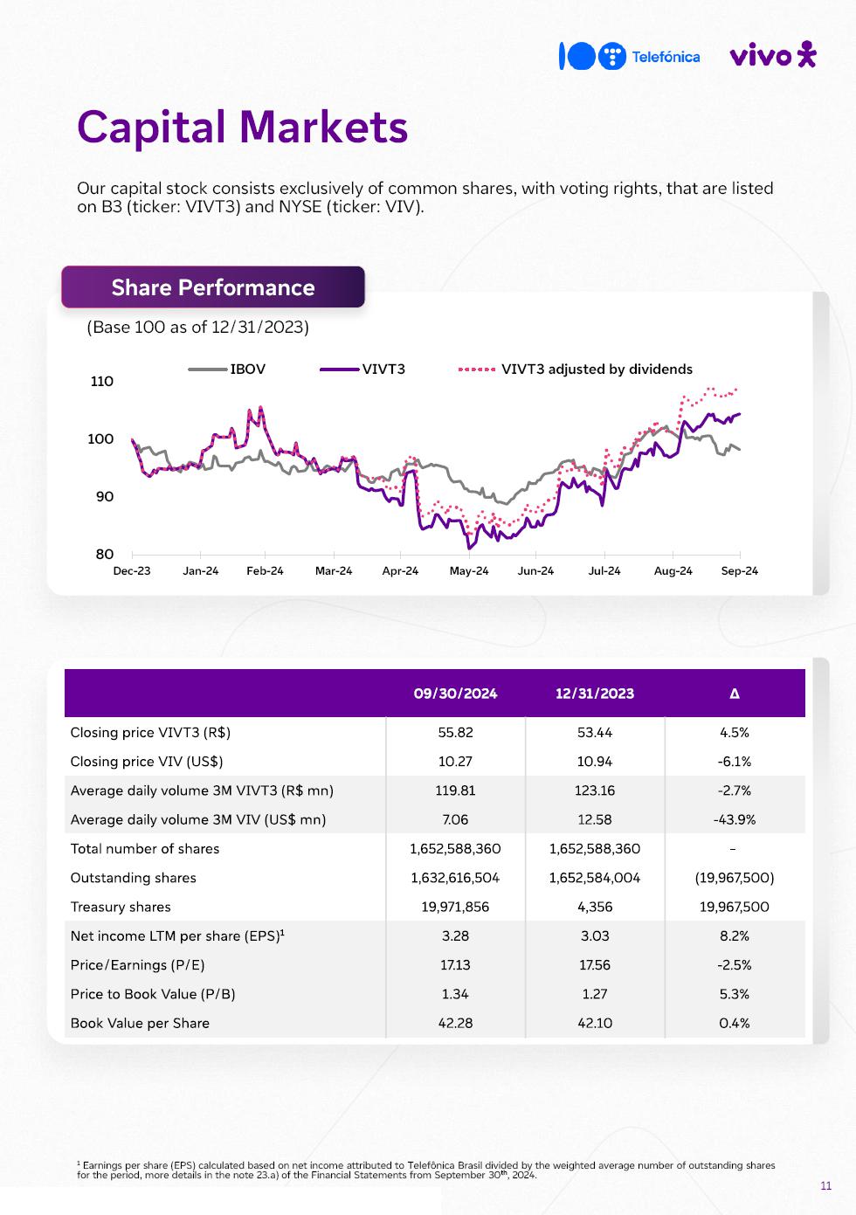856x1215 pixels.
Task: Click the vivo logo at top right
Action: pos(772,56)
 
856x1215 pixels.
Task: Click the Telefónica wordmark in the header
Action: pos(666,57)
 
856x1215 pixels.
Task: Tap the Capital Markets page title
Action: pos(242,127)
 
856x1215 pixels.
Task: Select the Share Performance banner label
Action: pos(213,287)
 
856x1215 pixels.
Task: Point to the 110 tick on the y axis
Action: pos(102,381)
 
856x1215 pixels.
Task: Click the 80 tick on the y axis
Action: pos(105,554)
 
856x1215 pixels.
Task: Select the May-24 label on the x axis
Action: pos(469,570)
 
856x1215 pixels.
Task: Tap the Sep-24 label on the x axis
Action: pos(740,570)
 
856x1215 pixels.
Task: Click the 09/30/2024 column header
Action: pos(455,694)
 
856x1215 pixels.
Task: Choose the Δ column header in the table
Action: pos(735,694)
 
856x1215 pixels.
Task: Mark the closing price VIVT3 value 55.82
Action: pos(455,732)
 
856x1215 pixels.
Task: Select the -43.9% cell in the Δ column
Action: pos(735,819)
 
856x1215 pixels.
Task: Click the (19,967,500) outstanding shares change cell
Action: pos(735,878)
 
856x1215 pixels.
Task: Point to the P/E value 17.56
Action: pos(595,964)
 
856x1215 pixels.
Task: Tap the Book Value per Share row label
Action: pos(140,1023)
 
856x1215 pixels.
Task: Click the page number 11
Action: pos(826,1185)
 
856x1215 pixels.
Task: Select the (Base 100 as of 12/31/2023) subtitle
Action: pos(197,328)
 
